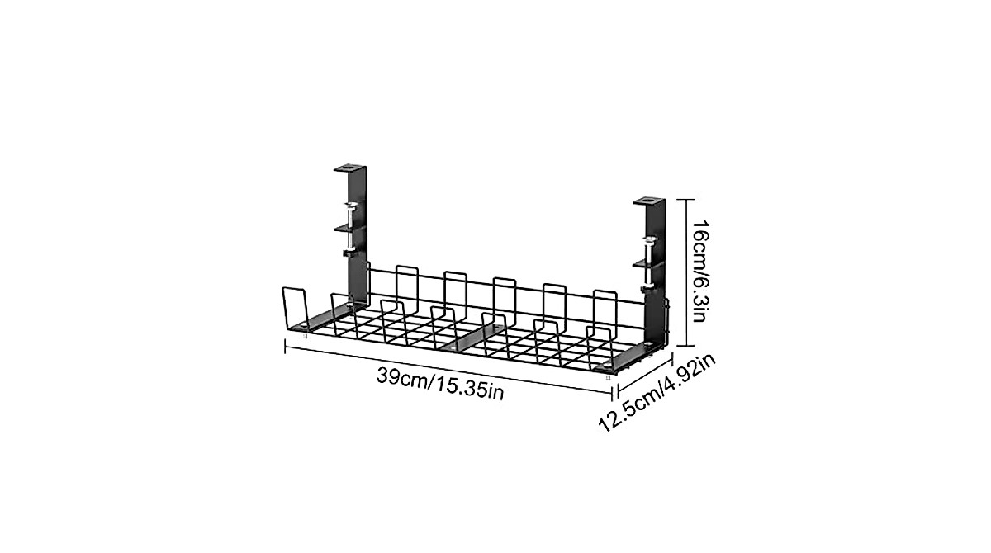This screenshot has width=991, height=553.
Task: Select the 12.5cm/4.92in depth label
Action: [658, 391]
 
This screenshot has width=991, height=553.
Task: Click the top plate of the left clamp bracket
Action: [350, 168]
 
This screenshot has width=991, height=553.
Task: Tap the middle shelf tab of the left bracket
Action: [347, 223]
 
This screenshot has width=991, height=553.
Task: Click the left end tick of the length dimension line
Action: [285, 346]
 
